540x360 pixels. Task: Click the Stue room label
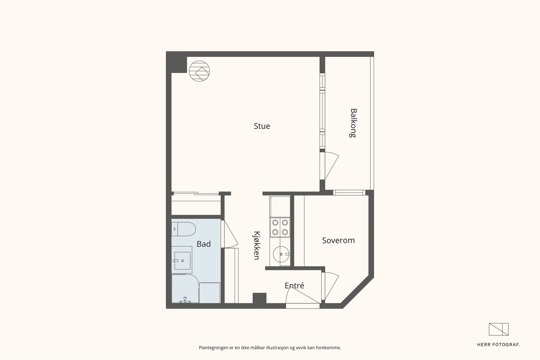(x=262, y=126)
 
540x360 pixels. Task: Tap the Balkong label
(x=353, y=123)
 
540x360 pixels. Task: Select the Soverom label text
(x=338, y=240)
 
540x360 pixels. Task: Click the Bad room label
(x=204, y=244)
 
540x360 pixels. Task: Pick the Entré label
(x=295, y=285)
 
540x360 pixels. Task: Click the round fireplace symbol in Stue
(x=199, y=71)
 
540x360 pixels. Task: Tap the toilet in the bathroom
(x=184, y=229)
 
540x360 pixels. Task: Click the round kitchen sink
(x=281, y=254)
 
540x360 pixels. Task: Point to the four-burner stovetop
(x=280, y=227)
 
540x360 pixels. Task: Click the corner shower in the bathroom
(x=185, y=289)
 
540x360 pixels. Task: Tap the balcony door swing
(x=331, y=166)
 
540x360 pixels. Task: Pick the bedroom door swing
(x=331, y=286)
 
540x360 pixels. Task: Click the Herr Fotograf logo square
(x=499, y=329)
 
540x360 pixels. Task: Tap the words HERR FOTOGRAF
(x=498, y=345)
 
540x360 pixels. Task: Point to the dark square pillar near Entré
(x=259, y=298)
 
